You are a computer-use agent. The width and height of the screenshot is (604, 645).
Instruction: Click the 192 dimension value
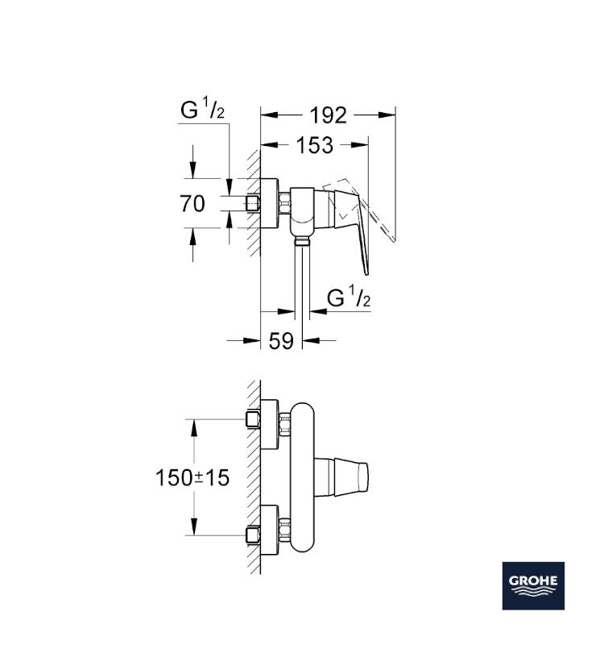coord(328,116)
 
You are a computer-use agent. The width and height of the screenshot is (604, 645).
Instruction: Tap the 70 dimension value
coord(192,203)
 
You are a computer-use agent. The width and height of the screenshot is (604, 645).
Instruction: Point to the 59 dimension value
coord(280,341)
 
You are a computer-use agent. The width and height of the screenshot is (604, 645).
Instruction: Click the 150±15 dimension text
coord(192,477)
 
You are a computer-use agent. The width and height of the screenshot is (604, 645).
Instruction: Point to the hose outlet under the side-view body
coord(300,240)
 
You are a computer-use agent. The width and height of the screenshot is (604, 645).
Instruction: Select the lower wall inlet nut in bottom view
coord(254,534)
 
